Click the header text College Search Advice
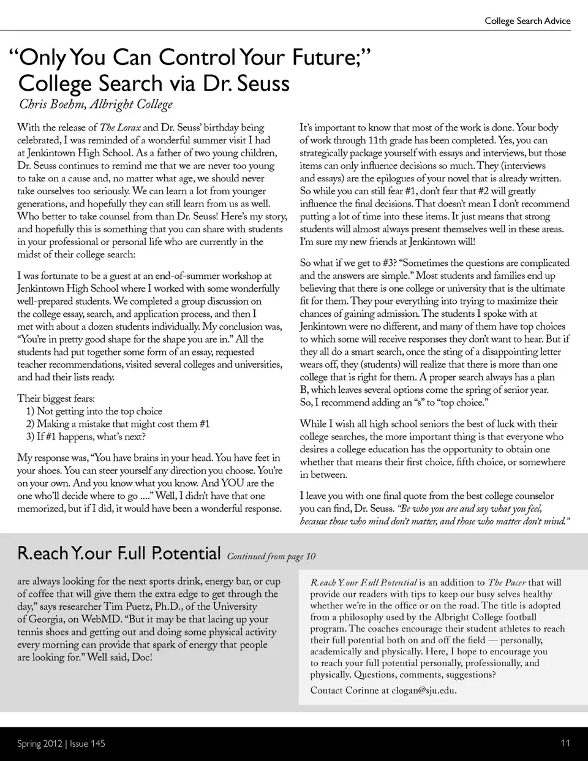pyautogui.click(x=527, y=21)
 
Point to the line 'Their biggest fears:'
pyautogui.click(x=56, y=398)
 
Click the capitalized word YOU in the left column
pyautogui.click(x=233, y=483)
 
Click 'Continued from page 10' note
pyautogui.click(x=271, y=556)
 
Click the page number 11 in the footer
pyautogui.click(x=565, y=743)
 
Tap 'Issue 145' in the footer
pyautogui.click(x=88, y=744)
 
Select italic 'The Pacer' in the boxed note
pyautogui.click(x=507, y=583)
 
